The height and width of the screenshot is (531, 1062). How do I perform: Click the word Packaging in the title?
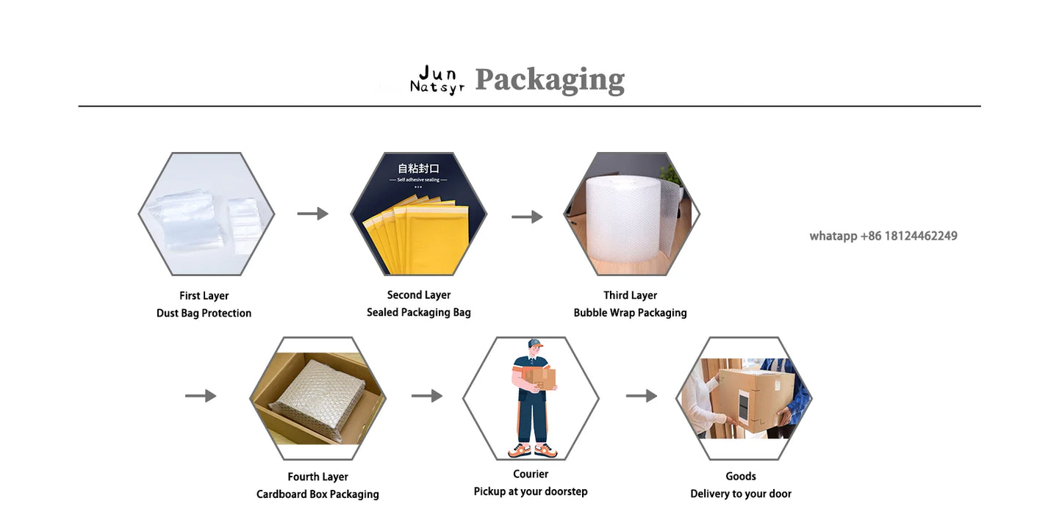pos(550,80)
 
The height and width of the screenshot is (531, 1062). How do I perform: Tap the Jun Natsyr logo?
pos(437,80)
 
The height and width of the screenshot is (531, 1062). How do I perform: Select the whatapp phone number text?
pos(883,236)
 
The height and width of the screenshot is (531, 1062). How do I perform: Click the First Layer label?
pos(204,295)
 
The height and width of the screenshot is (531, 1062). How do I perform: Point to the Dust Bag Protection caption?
pos(204,313)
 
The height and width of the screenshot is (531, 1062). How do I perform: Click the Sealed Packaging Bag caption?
pos(419,312)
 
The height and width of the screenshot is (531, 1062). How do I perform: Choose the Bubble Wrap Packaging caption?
pos(630,312)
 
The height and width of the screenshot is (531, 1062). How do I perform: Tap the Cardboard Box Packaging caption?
pos(317,494)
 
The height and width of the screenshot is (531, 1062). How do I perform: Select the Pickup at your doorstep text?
pos(531,491)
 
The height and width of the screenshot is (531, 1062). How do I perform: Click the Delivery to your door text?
pos(741,494)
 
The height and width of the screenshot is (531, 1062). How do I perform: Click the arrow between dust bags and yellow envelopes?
pos(312,214)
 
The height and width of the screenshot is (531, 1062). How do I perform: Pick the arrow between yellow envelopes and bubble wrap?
pos(527,217)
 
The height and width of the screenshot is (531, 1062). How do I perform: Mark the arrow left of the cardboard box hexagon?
pos(201,396)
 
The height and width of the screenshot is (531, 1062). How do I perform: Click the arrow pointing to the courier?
pos(427,396)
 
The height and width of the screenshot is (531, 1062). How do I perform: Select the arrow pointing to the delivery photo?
pos(642,396)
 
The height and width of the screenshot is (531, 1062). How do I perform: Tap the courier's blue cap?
pos(534,344)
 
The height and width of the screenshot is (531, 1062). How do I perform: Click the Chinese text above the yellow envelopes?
pos(418,168)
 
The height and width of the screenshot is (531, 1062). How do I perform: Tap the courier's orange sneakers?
pos(533,449)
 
